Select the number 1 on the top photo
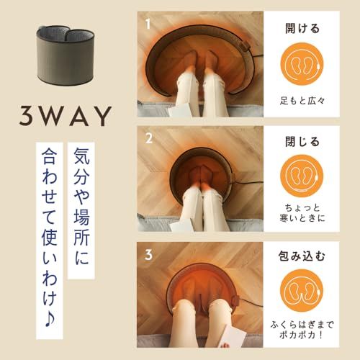pos(148,23)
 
